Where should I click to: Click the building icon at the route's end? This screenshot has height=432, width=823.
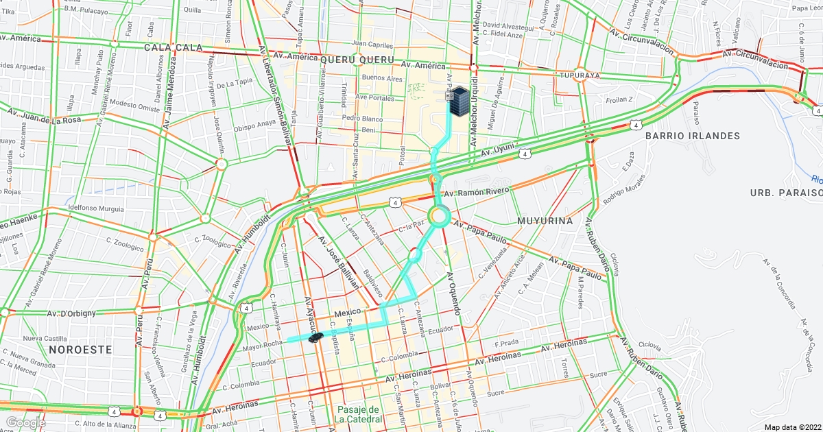point(458,100)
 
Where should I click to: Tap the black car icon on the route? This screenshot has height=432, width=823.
point(315,337)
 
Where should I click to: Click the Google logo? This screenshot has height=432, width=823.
point(25,422)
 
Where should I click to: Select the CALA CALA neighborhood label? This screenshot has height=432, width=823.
point(173,47)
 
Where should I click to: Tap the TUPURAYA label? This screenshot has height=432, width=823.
point(580,75)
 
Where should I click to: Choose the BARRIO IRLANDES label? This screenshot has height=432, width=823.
point(693,136)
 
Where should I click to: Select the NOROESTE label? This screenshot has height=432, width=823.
point(80,349)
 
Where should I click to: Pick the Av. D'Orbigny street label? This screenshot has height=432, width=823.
point(72,313)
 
